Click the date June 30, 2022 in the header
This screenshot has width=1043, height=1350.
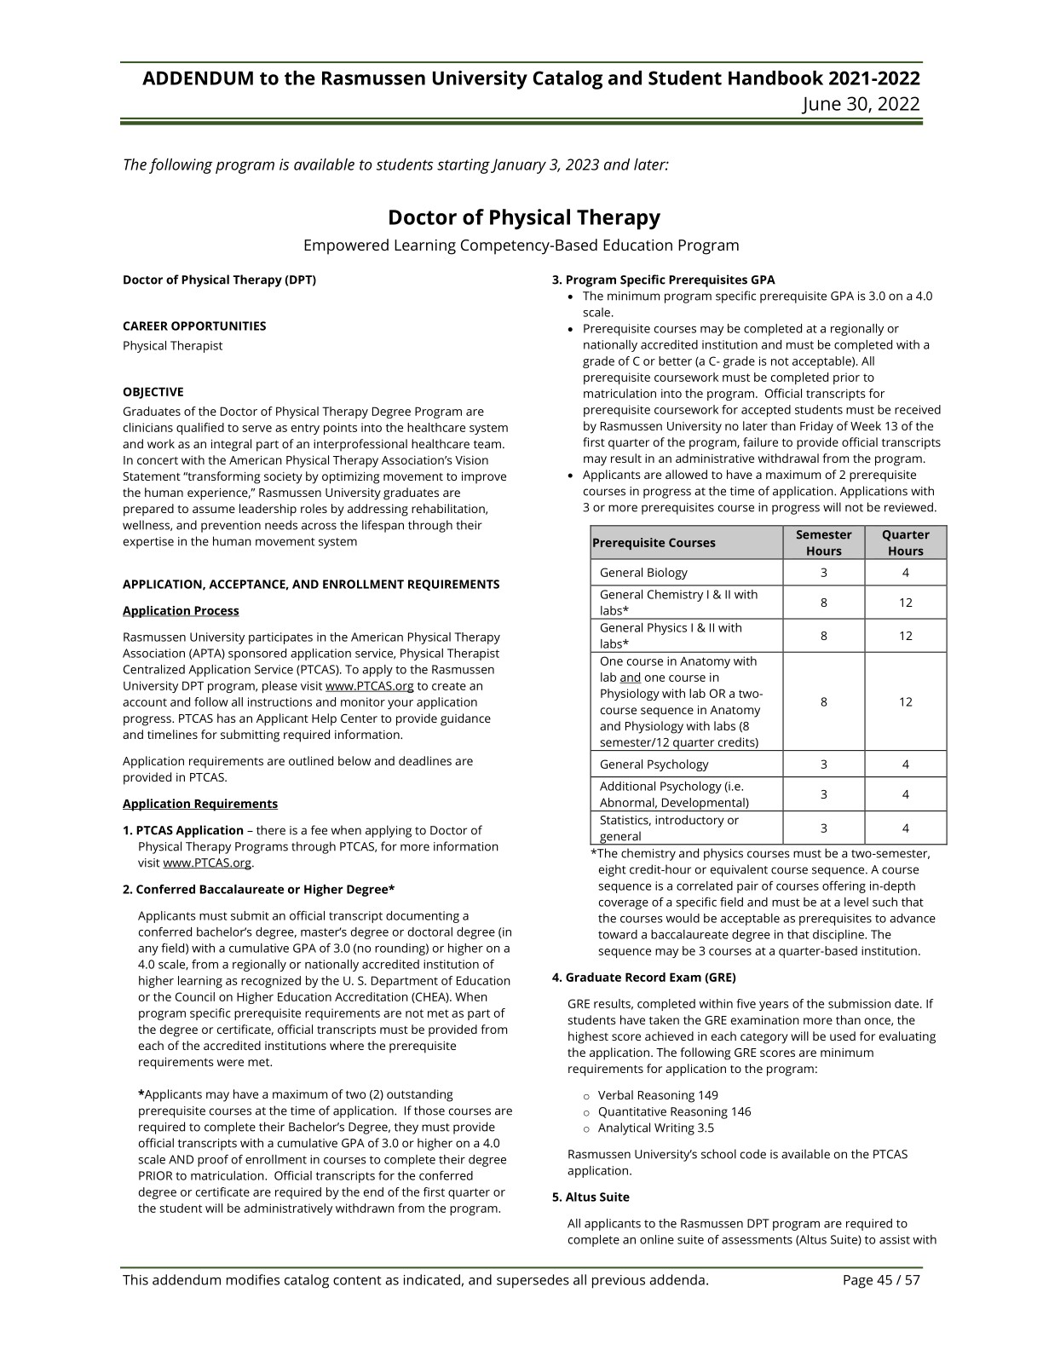click(861, 104)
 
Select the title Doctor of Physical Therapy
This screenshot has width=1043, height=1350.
click(523, 217)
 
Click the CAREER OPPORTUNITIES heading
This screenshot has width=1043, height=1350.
click(194, 326)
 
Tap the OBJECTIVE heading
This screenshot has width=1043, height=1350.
click(153, 392)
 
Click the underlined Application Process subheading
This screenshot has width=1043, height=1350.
click(181, 610)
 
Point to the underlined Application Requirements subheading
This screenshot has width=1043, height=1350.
click(200, 804)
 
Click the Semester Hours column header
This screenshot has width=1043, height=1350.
click(823, 543)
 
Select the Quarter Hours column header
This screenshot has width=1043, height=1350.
click(905, 543)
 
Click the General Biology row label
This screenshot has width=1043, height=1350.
click(643, 573)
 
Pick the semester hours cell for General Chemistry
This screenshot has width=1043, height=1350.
click(823, 603)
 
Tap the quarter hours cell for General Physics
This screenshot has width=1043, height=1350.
click(905, 636)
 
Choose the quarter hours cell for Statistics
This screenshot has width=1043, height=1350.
click(905, 828)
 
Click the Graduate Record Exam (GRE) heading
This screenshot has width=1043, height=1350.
click(643, 978)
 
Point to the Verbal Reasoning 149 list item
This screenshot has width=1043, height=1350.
click(657, 1095)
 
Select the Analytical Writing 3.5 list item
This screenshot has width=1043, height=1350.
click(655, 1128)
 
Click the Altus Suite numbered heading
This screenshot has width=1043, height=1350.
click(591, 1197)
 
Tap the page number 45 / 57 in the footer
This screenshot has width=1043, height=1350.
click(881, 1280)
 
